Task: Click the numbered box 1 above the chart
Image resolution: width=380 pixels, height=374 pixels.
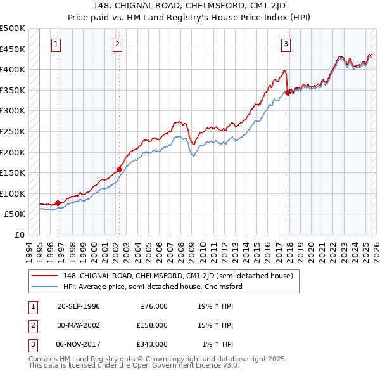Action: point(57,44)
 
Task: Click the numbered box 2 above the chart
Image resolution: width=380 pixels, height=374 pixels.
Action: point(118,44)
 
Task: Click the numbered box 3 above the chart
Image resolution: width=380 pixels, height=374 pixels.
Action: point(286,44)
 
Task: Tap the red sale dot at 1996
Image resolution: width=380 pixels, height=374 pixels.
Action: point(58,203)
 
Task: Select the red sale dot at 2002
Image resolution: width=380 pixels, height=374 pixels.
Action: point(119,169)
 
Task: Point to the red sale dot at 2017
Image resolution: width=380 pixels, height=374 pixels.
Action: point(288,93)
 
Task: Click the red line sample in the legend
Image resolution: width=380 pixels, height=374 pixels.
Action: point(46,276)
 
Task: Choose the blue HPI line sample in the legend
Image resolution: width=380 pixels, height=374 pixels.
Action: point(46,287)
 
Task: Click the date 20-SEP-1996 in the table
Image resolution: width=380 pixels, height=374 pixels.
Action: point(79,306)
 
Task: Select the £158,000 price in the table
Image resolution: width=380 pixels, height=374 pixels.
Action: point(152,325)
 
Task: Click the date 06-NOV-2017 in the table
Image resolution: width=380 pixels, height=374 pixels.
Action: point(79,344)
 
